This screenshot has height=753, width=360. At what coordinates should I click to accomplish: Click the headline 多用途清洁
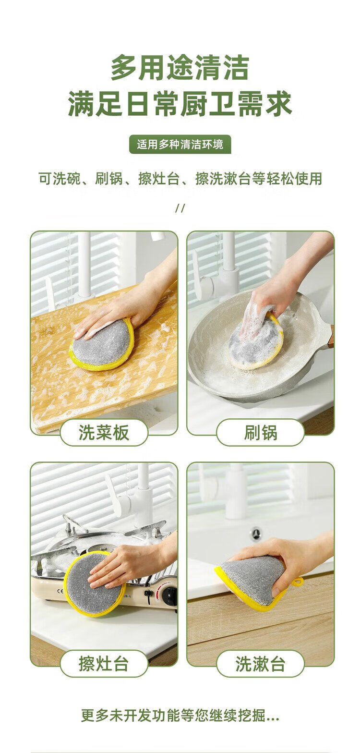180,68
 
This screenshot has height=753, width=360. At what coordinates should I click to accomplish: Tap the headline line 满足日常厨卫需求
180,104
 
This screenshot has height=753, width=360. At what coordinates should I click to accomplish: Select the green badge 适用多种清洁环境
180,145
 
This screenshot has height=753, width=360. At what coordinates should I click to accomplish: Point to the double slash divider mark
180,208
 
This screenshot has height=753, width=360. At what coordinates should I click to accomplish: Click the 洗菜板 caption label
104,432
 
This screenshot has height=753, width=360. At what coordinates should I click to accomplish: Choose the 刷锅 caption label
261,432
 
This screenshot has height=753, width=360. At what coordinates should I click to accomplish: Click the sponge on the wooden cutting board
101,345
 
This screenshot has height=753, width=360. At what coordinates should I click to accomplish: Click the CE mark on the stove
60,591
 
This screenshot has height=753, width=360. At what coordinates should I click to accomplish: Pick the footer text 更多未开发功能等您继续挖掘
180,716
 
